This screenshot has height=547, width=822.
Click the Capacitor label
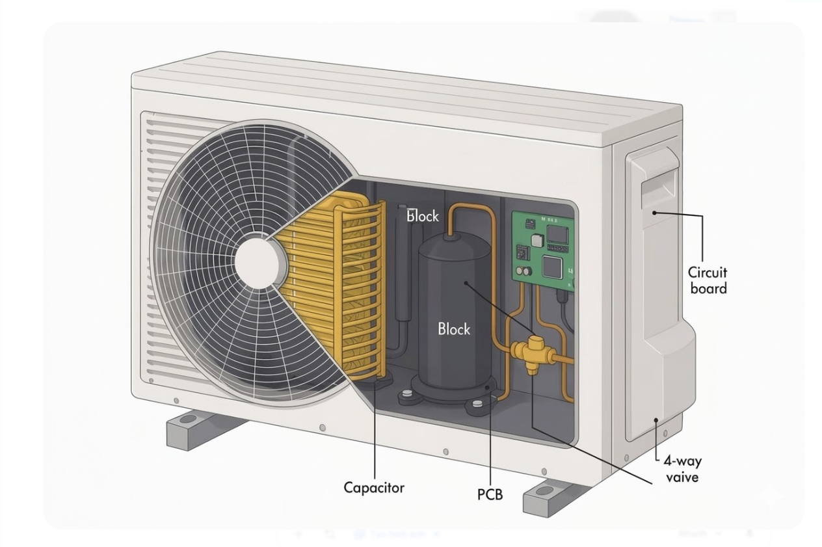[374, 487]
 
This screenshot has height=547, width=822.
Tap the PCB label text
[490, 494]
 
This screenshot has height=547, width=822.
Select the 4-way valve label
[682, 469]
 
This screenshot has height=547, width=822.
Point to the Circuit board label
[708, 280]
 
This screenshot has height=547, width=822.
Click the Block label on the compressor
[453, 329]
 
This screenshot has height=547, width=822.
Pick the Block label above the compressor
[423, 216]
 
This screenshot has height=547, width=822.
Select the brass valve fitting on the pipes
[533, 354]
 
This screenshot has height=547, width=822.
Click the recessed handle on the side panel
[658, 185]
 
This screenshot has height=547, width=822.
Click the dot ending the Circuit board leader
[655, 212]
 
